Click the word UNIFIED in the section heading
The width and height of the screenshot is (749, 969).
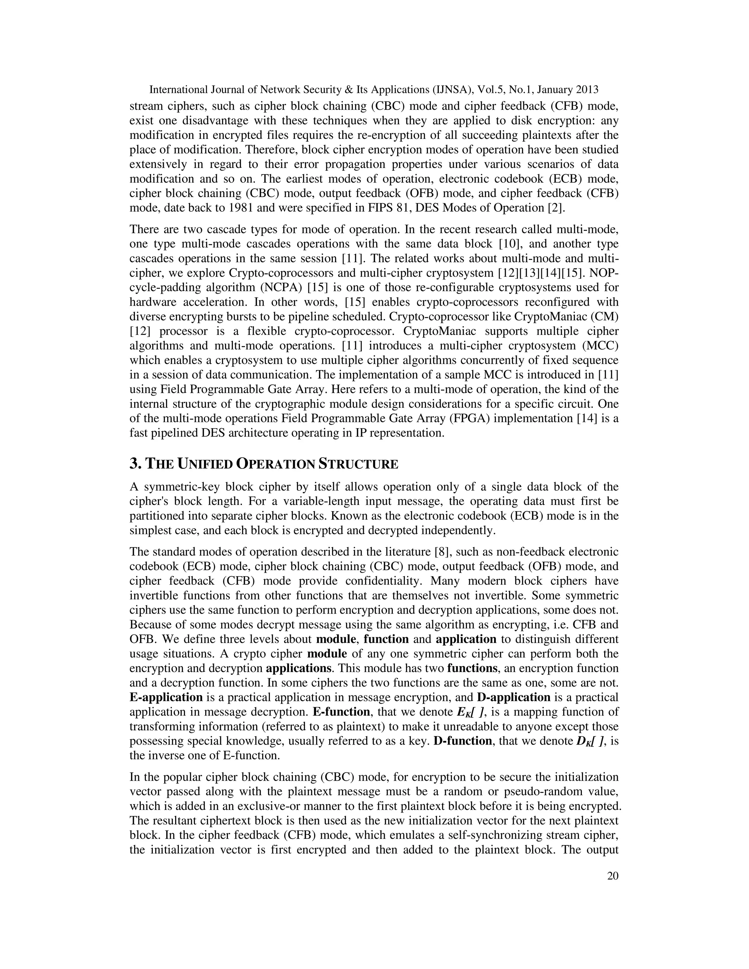(205, 464)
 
